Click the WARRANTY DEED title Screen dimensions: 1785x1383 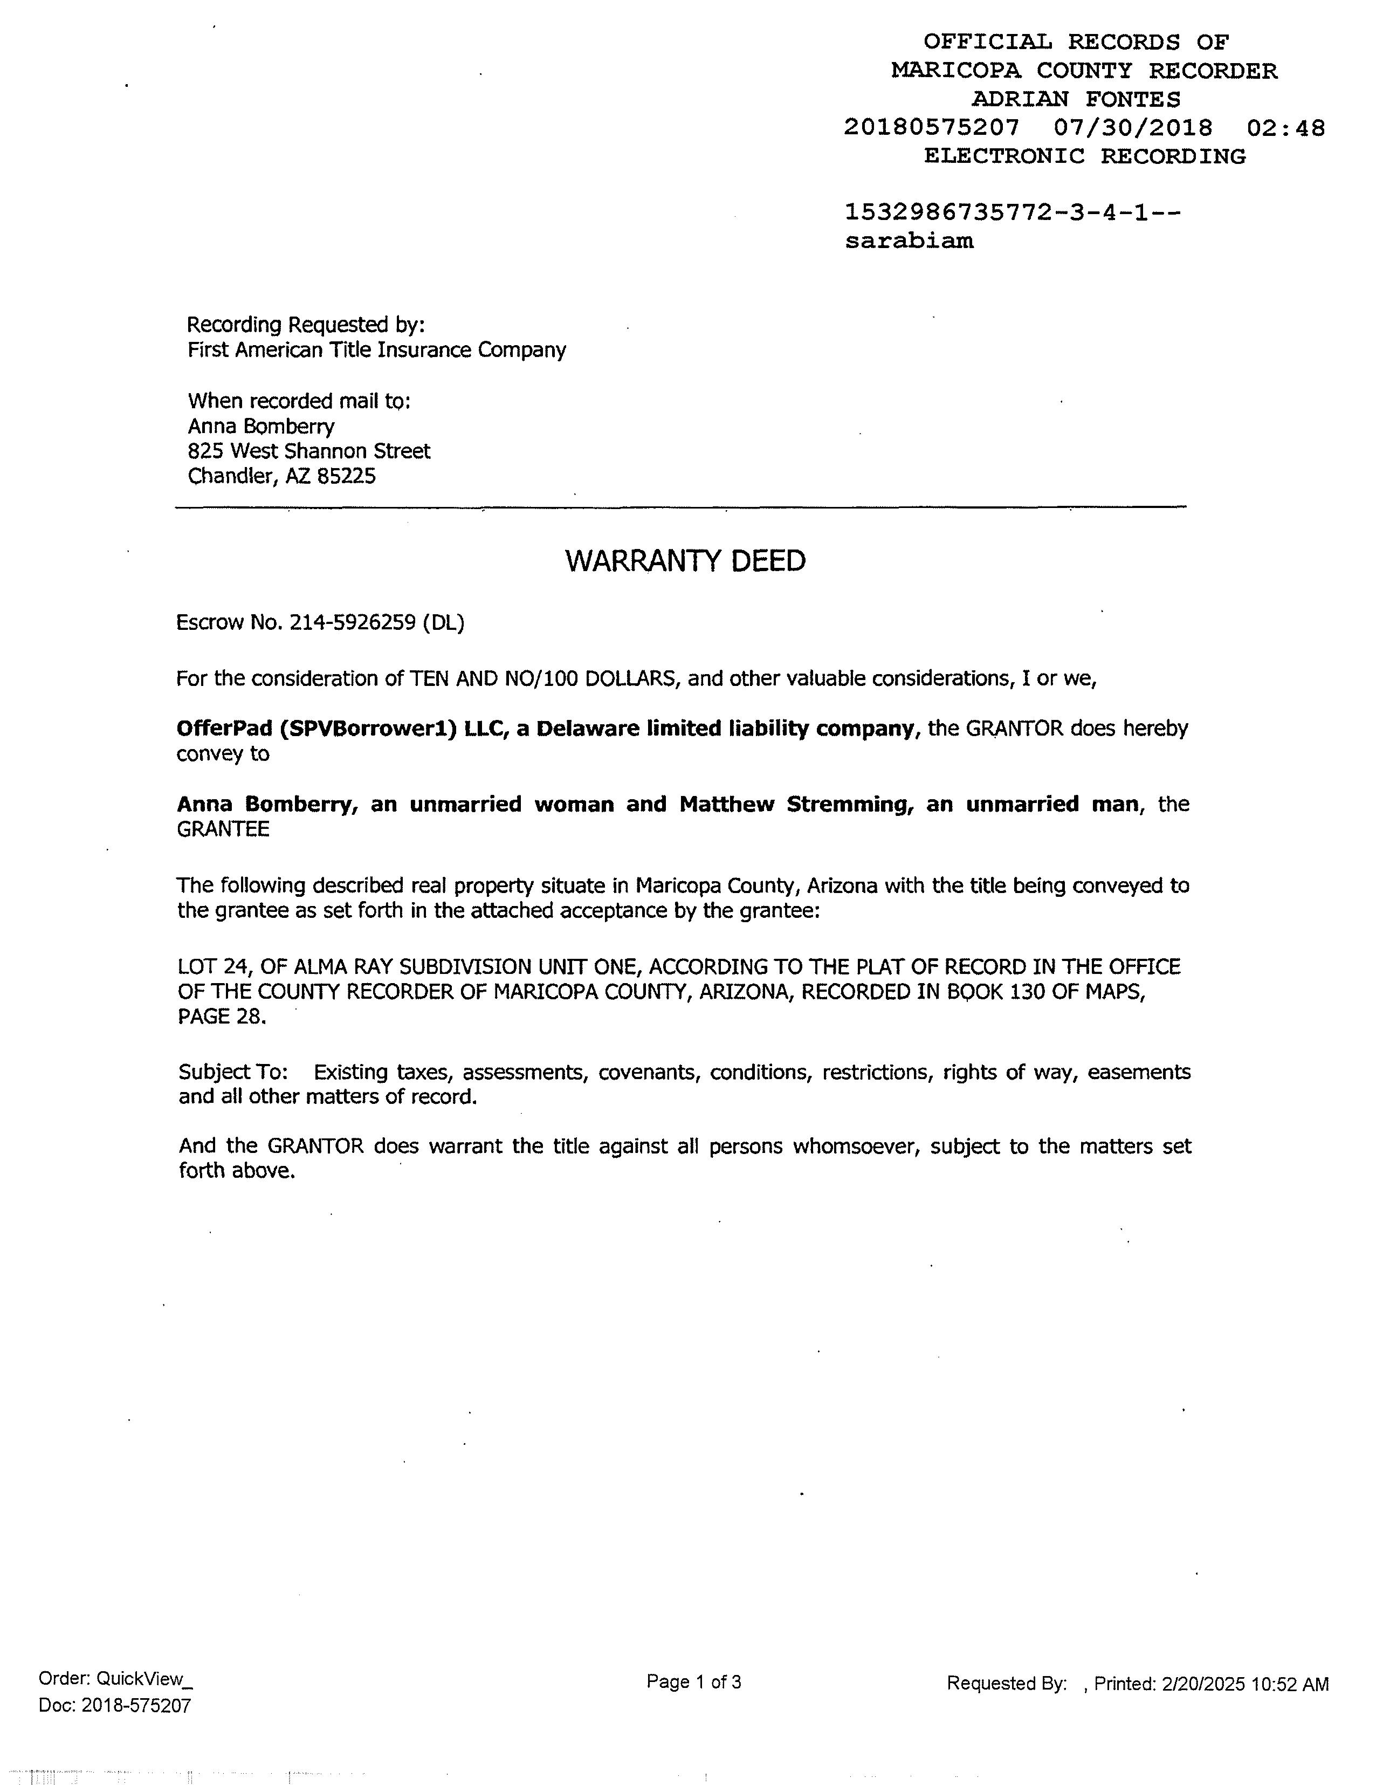pos(685,561)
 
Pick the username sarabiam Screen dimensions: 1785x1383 pos(909,241)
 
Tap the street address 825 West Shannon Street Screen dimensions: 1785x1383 pos(309,451)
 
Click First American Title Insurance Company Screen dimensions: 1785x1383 pos(377,350)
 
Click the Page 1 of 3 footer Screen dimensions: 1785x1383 pos(693,1681)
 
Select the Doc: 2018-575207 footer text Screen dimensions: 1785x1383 pos(114,1706)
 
